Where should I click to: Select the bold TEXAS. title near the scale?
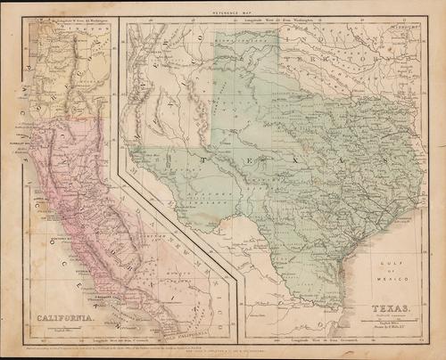(x=378, y=311)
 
